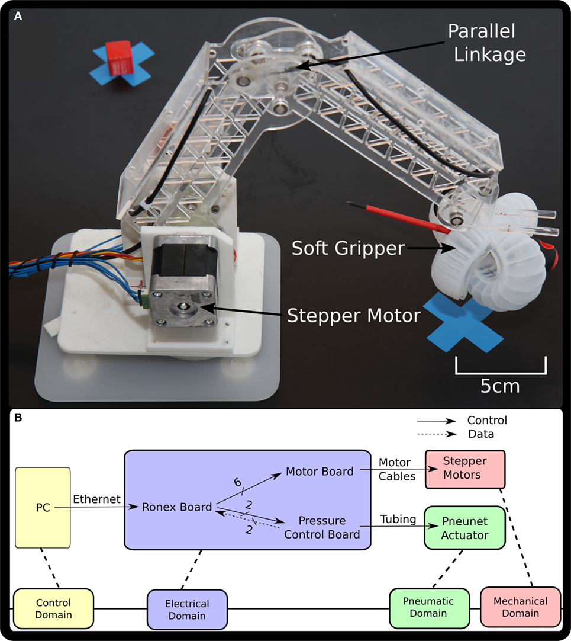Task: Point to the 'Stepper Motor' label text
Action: click(x=353, y=315)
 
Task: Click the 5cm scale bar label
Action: click(x=500, y=386)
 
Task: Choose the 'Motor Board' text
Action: click(x=320, y=472)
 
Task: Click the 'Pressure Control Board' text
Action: click(x=322, y=528)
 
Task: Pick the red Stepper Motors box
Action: click(x=465, y=469)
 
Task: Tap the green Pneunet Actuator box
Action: click(x=465, y=528)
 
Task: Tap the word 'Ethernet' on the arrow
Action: click(x=97, y=499)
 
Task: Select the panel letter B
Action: click(x=18, y=418)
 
